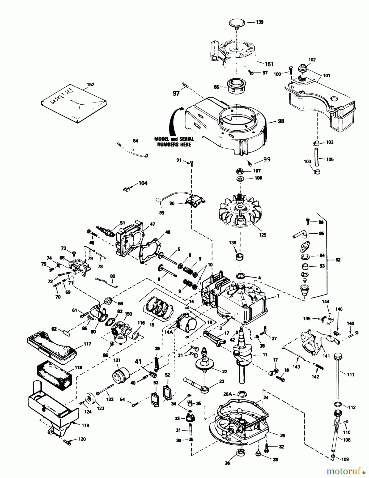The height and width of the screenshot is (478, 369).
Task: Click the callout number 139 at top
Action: [x=259, y=22]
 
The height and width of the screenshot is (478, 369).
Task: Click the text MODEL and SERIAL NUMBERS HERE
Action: [x=174, y=142]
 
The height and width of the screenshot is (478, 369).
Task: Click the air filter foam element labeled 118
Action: [x=55, y=377]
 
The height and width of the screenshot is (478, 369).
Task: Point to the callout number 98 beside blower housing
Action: [x=281, y=121]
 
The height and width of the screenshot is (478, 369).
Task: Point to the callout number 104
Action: [x=143, y=183]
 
